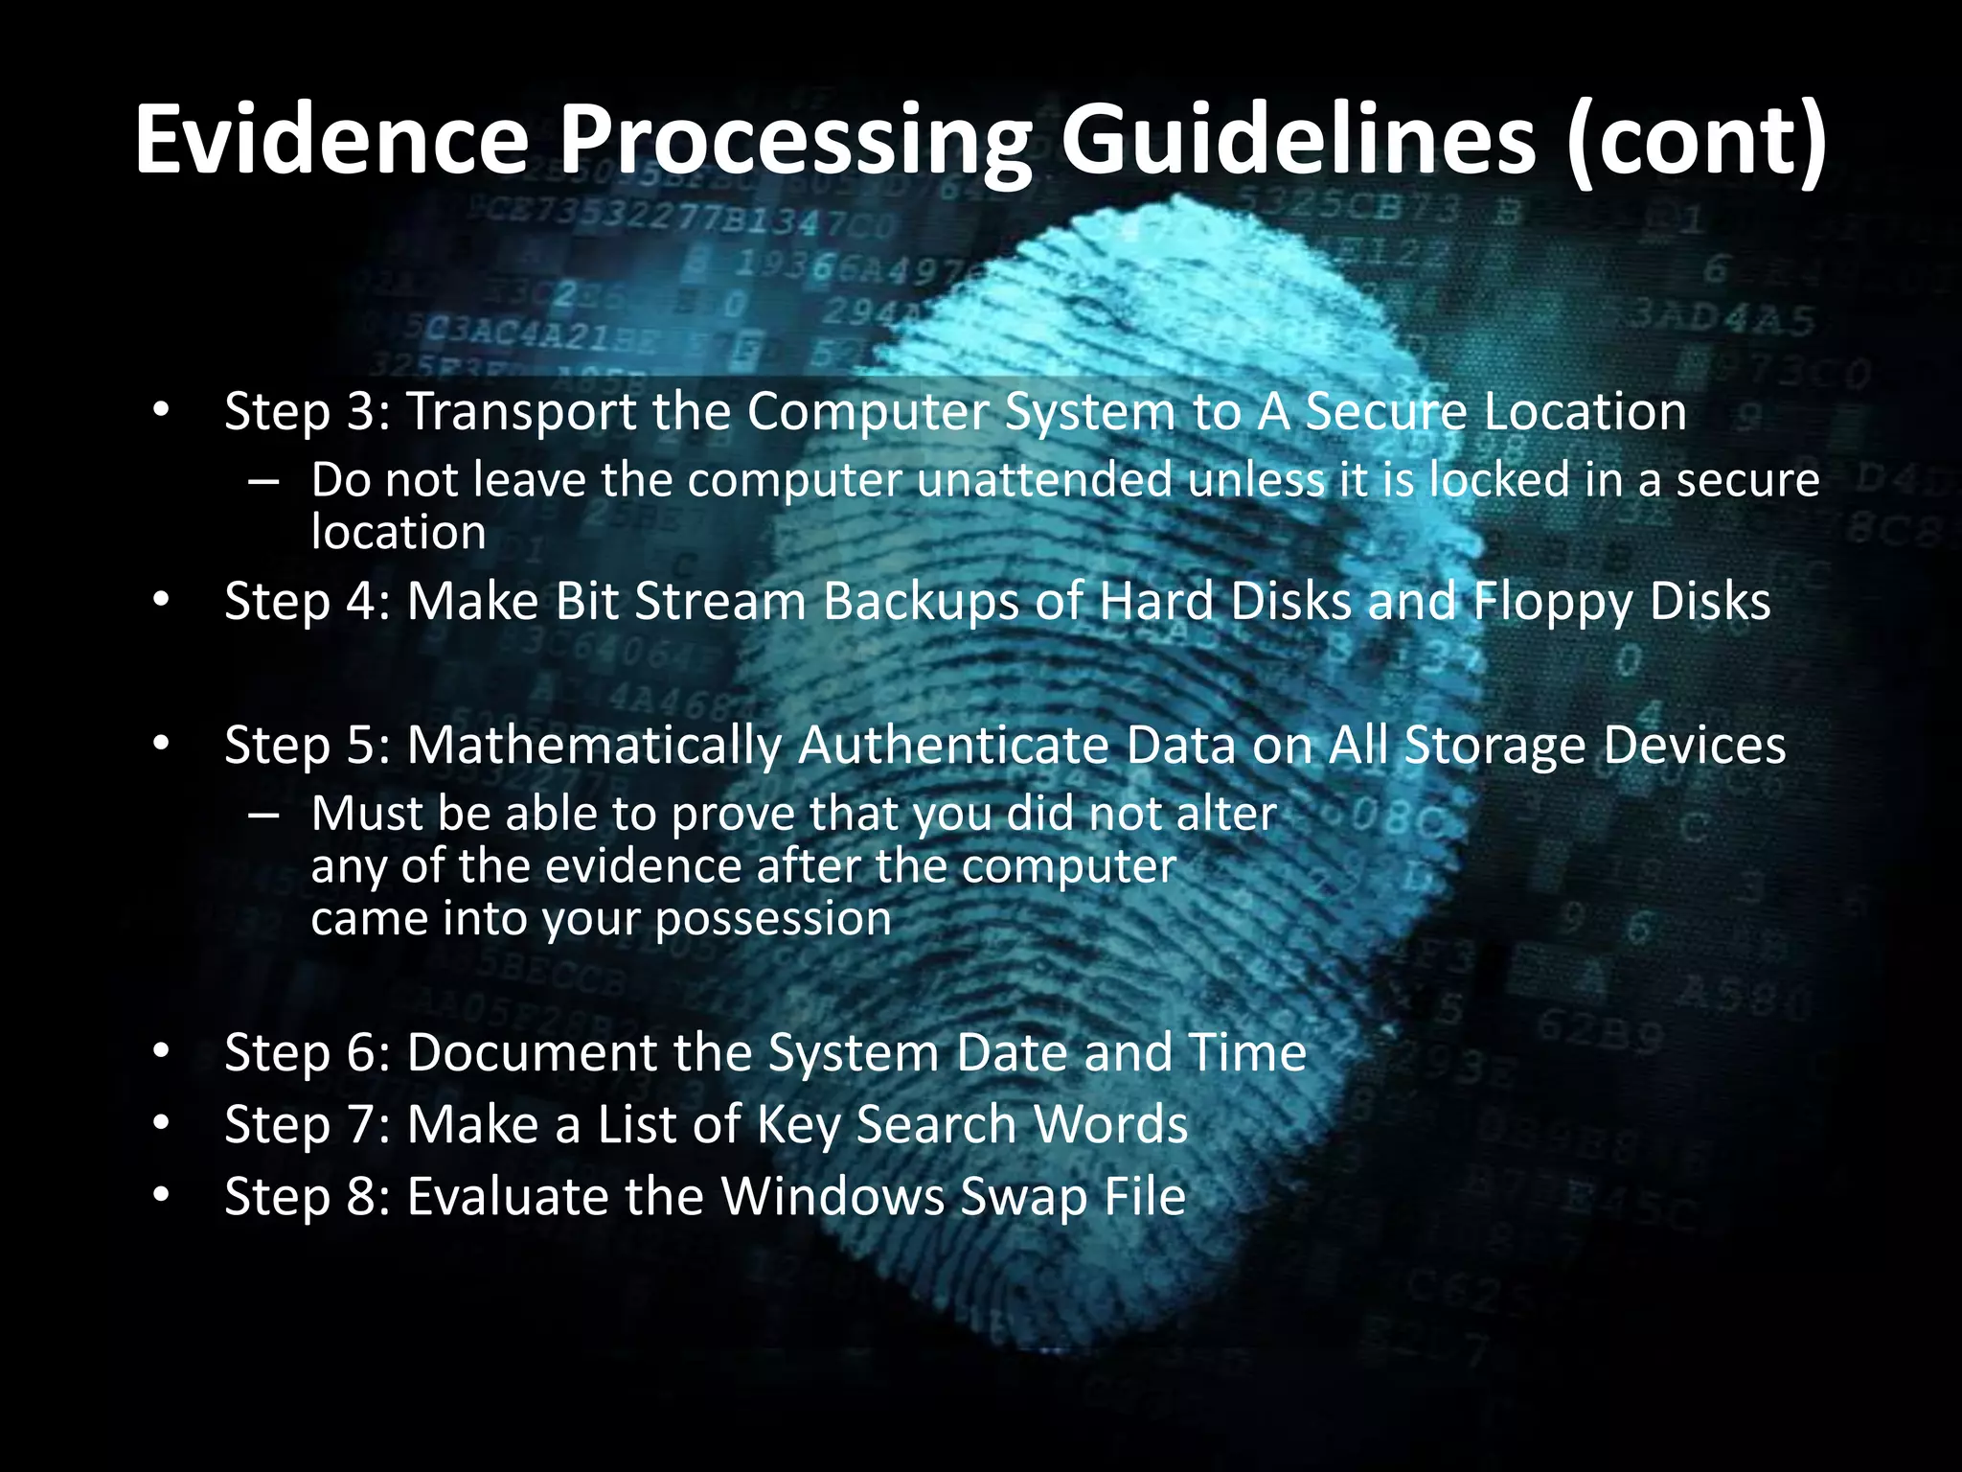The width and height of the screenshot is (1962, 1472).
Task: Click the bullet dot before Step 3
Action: tap(160, 411)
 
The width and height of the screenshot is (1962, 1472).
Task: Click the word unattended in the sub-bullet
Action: tap(1044, 479)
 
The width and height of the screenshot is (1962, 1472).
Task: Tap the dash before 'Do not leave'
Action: tap(262, 481)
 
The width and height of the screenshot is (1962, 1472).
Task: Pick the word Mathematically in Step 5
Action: tap(594, 746)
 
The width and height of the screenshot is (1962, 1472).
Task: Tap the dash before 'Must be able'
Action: tap(262, 815)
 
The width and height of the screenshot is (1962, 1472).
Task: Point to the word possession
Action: tap(773, 918)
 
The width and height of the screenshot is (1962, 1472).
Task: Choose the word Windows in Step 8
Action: tap(833, 1196)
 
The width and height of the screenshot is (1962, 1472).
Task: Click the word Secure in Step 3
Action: tap(1385, 411)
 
